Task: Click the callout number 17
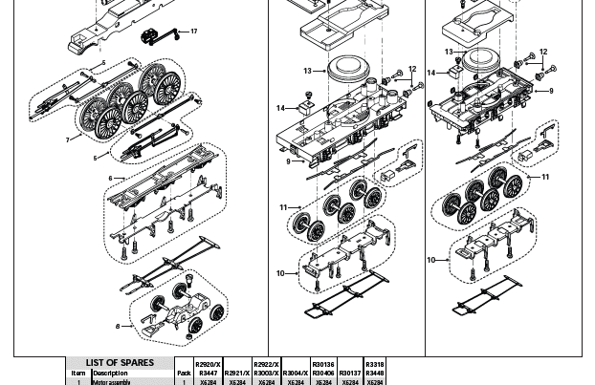coord(194,32)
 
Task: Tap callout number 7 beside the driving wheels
coord(68,139)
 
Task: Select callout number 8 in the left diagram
coord(119,326)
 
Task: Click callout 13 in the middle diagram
coord(308,71)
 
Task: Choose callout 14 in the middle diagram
coord(281,108)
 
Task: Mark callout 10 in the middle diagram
coord(280,273)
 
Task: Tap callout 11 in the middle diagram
coord(283,207)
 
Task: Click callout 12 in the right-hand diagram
coord(543,53)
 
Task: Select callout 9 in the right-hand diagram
coord(551,91)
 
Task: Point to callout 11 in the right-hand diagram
coord(545,177)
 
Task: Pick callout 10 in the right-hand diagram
coord(431,260)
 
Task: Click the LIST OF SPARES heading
coord(120,363)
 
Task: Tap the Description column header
coord(110,373)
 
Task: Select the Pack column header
coord(183,373)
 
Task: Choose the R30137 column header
coord(349,373)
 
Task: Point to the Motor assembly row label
coord(112,382)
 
